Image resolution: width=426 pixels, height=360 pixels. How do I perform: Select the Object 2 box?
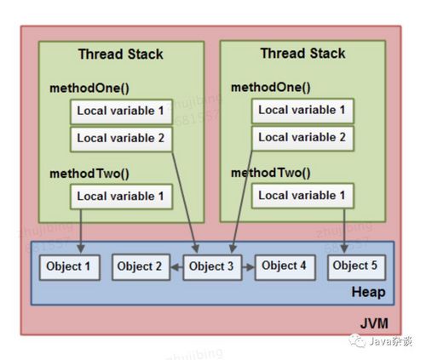coord(141,266)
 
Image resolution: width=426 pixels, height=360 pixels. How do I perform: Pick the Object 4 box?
coord(285,266)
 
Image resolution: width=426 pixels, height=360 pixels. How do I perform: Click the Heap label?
coord(367,293)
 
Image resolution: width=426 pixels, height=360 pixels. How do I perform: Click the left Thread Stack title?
coord(120,54)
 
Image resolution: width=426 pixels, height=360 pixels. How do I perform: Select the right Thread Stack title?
coord(302,54)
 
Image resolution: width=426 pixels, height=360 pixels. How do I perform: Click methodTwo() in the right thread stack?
coord(270,173)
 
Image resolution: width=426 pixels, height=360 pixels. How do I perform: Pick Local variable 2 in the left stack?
coord(120,137)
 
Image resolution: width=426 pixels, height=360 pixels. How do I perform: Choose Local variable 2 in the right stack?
coord(302,136)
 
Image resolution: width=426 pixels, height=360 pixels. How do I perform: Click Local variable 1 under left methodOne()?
coord(120,111)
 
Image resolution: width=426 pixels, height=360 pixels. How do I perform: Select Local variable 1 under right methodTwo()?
coord(302,196)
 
